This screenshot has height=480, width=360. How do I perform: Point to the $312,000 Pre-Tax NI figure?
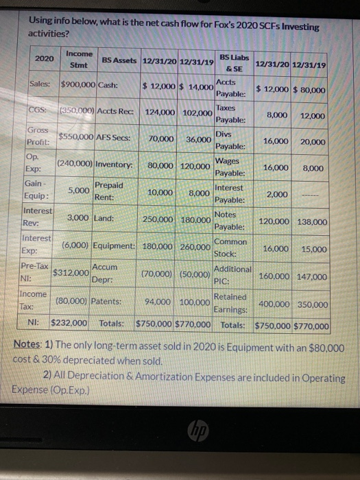pyautogui.click(x=72, y=273)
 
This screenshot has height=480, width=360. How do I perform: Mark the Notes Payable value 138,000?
pyautogui.click(x=313, y=223)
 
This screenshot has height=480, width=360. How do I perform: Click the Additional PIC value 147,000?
pyautogui.click(x=313, y=276)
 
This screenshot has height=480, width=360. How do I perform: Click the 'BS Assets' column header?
pyautogui.click(x=119, y=61)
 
